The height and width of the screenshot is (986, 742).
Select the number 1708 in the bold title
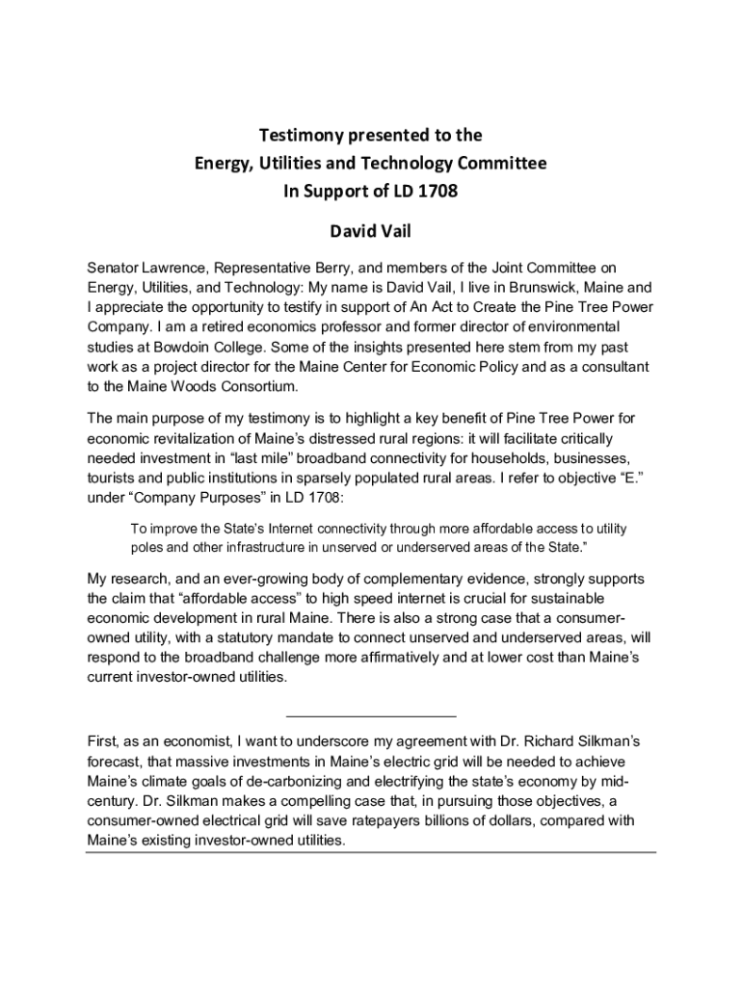point(437,191)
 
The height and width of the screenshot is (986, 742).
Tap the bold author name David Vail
point(370,232)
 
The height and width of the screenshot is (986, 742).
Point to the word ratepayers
point(364,821)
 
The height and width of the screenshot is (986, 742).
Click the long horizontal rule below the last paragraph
point(370,852)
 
